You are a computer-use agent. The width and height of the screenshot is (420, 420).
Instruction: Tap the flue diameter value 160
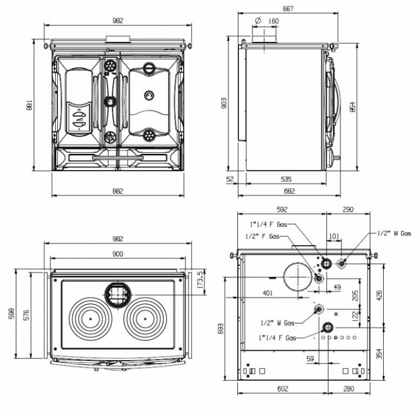(274, 21)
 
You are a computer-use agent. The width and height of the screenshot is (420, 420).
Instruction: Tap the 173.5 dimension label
(199, 277)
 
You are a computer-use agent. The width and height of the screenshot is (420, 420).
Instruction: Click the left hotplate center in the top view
(90, 319)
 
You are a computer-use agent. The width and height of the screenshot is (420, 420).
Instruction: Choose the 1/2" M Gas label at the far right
(394, 233)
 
